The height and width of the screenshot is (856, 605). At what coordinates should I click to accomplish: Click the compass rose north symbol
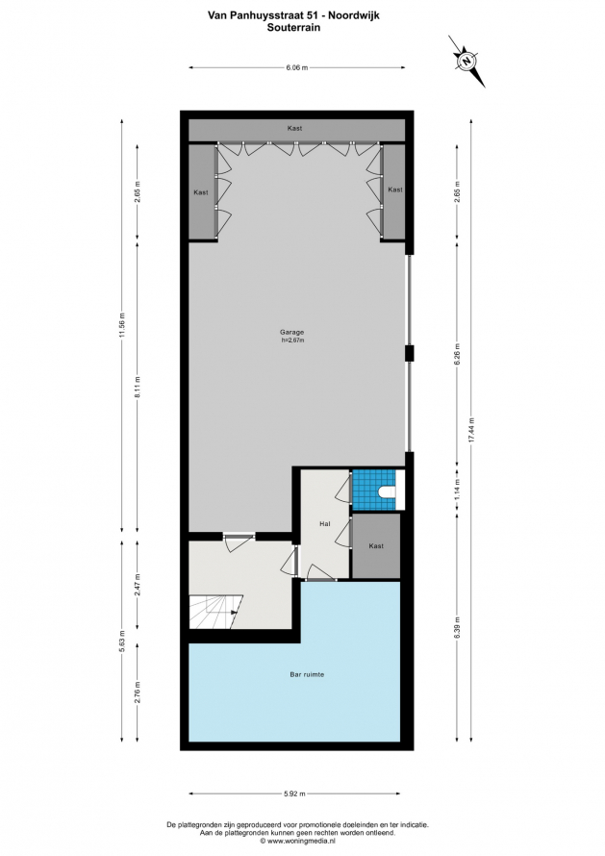[466, 62]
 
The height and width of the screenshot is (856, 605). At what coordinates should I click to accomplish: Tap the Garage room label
[291, 332]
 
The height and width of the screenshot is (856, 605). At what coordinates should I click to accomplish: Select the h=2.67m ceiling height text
[292, 340]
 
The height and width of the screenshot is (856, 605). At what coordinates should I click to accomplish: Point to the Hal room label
[325, 524]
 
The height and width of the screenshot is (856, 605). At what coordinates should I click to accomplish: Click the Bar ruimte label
[307, 674]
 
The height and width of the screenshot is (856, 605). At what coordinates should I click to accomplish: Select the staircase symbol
[214, 612]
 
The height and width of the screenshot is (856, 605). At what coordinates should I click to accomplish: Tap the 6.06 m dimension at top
[297, 67]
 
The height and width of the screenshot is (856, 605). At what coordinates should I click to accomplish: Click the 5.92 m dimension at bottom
[295, 793]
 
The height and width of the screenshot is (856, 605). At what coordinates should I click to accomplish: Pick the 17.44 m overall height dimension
[471, 431]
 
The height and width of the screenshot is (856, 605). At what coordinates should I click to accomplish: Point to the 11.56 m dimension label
[122, 326]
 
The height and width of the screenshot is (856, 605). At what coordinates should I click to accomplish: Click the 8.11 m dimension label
[138, 387]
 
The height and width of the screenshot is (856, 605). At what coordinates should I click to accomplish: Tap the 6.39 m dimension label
[458, 628]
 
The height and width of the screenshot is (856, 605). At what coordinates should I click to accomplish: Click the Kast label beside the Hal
[376, 546]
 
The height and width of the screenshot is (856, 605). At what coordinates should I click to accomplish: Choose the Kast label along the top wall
[295, 128]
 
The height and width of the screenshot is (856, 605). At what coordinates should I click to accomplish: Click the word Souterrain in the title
[293, 27]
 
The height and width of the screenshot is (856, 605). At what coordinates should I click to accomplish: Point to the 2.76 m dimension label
[138, 692]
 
